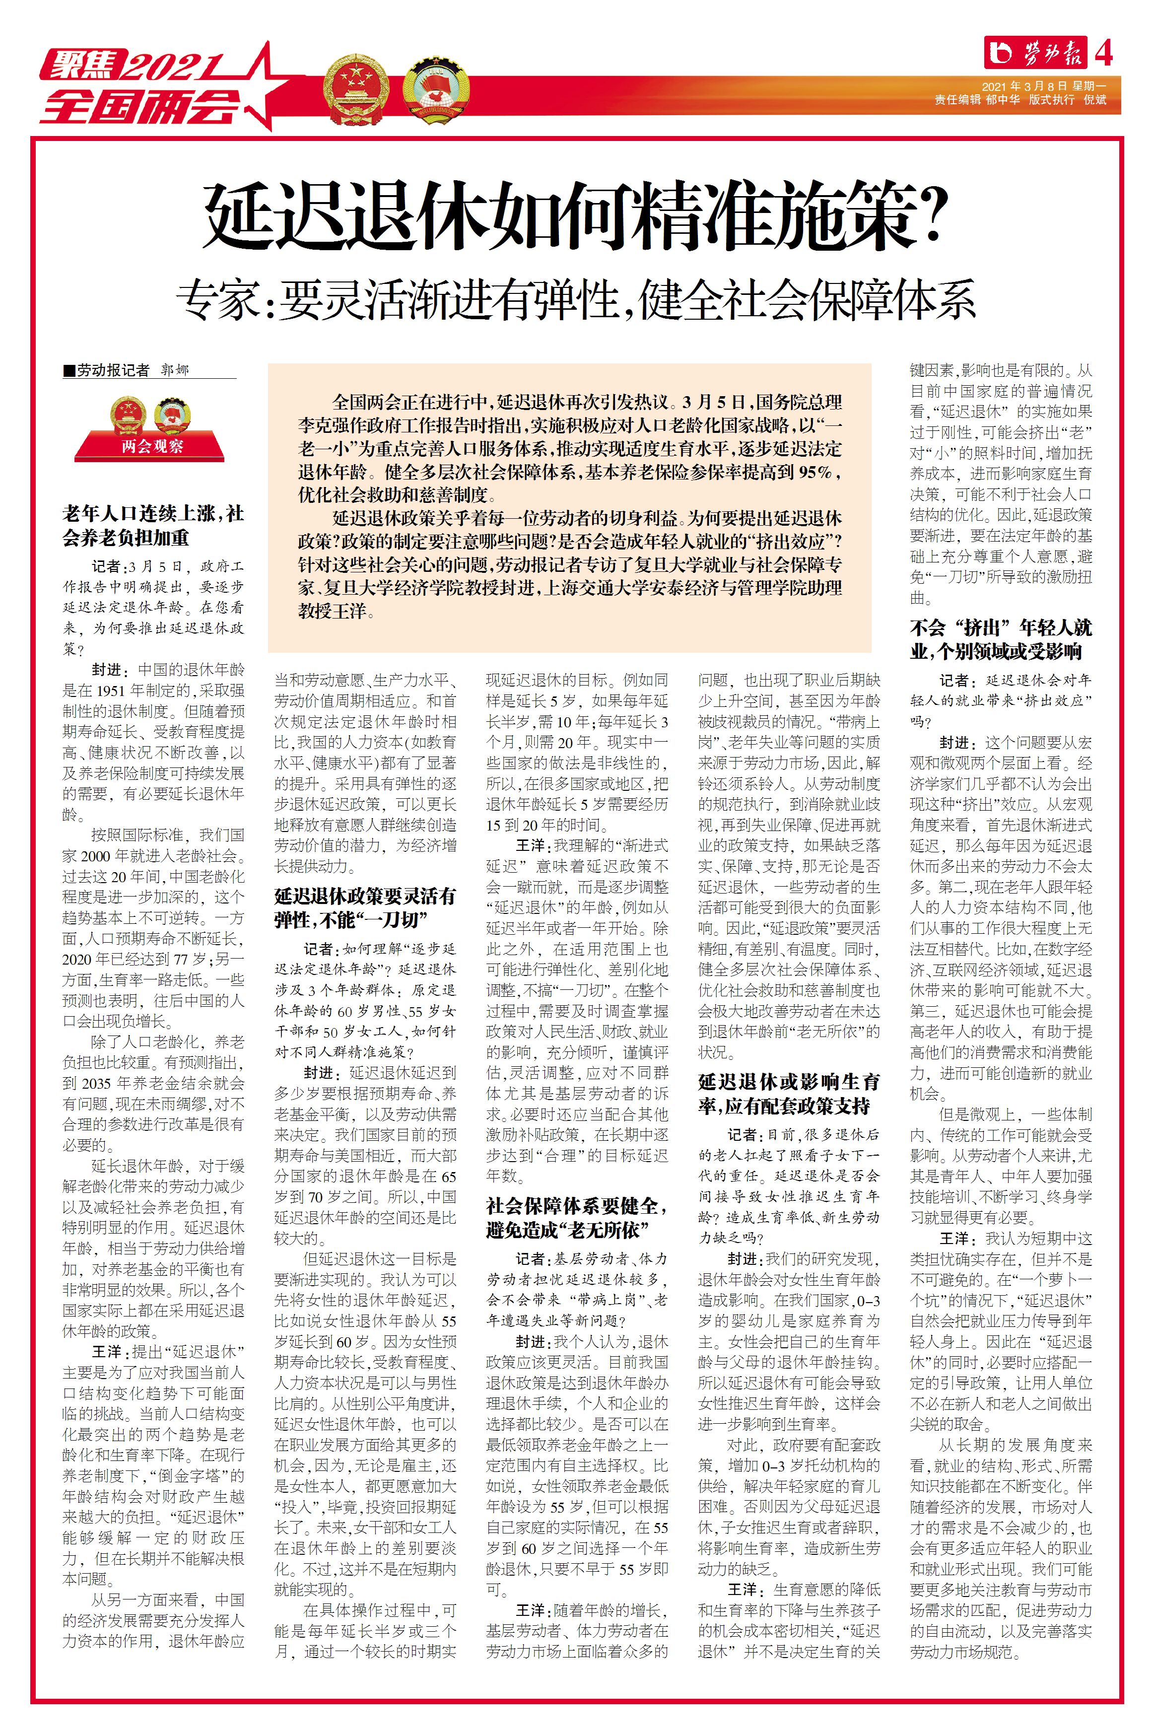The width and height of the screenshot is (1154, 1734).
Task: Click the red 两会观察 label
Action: [x=151, y=446]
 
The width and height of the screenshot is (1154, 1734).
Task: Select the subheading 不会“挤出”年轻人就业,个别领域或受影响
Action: [x=1001, y=639]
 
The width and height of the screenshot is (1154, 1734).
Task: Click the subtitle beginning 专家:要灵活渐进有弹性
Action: [x=576, y=299]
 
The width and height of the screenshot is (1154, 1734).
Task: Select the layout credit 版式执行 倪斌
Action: [x=1067, y=100]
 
